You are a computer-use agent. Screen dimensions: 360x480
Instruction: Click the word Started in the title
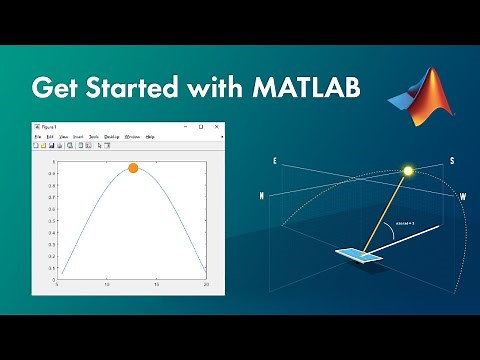[x=124, y=87]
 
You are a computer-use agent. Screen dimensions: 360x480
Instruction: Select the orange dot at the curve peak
[x=133, y=167]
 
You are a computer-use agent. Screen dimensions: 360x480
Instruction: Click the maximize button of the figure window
[x=200, y=127]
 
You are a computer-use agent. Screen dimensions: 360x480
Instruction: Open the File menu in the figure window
[x=38, y=136]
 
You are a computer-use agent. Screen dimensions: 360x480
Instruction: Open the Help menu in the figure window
[x=150, y=136]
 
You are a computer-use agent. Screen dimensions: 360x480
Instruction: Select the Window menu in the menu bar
[x=132, y=136]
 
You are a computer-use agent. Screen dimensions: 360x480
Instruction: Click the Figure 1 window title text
[x=47, y=127]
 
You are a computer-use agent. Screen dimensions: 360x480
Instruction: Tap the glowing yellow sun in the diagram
[x=407, y=171]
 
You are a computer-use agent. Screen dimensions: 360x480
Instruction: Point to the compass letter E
[x=274, y=160]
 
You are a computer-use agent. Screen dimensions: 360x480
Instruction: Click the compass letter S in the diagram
[x=451, y=160]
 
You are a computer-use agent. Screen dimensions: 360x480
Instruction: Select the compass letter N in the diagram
[x=262, y=197]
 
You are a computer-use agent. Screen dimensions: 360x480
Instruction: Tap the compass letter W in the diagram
[x=462, y=197]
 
